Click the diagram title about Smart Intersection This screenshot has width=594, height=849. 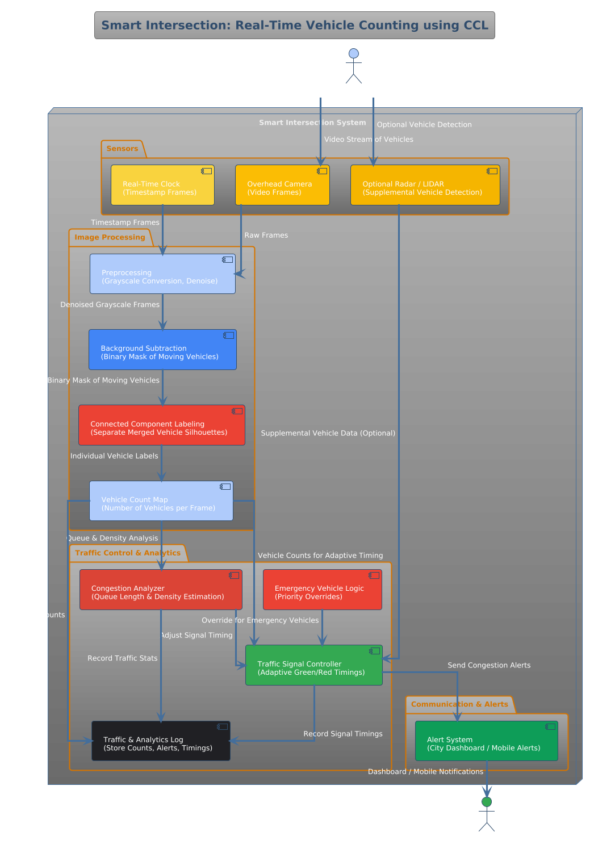(294, 26)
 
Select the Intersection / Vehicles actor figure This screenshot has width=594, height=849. (353, 66)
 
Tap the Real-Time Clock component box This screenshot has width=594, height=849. (162, 185)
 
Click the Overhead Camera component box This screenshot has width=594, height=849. (282, 185)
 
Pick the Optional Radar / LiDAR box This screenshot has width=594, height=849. (425, 185)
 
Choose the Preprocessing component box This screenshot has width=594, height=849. (162, 274)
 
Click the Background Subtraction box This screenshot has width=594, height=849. (162, 350)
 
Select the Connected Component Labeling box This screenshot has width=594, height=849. (162, 425)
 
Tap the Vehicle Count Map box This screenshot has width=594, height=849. (161, 501)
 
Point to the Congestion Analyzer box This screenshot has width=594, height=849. (161, 590)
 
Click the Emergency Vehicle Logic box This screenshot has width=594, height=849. (322, 590)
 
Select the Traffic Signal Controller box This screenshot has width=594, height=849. (313, 665)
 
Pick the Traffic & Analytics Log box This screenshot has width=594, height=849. (161, 741)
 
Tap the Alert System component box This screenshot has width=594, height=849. (486, 741)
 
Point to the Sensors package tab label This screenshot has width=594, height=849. (122, 149)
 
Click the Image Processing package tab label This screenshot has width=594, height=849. (110, 237)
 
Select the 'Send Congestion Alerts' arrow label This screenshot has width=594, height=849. (489, 665)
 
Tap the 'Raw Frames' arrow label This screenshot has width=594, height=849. (266, 235)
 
